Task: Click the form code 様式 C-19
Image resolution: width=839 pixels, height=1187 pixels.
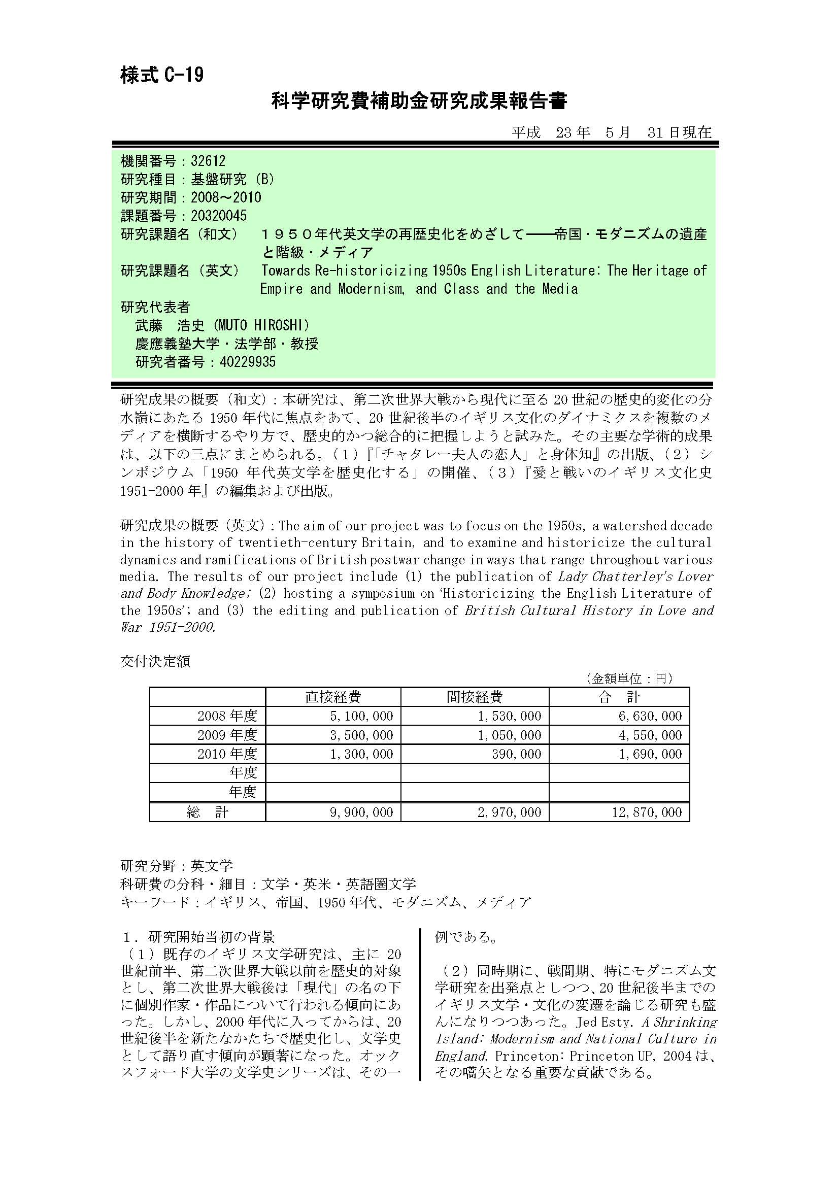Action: (x=162, y=76)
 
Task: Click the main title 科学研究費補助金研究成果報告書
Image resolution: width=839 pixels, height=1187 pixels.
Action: (x=419, y=101)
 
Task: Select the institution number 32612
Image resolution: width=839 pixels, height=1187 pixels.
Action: (x=208, y=161)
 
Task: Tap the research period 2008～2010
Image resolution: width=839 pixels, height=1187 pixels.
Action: (x=226, y=197)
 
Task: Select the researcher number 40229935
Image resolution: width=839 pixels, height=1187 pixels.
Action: (x=248, y=362)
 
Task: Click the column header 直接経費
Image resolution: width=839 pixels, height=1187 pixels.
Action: (x=333, y=697)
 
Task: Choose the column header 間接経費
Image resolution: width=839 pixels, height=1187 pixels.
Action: (x=474, y=697)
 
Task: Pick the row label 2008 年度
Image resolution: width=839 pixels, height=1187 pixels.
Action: (x=227, y=716)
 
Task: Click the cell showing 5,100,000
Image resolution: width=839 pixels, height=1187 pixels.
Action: (x=361, y=716)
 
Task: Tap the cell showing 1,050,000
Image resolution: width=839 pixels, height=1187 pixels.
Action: (x=509, y=735)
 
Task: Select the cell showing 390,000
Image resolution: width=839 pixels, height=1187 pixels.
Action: (x=517, y=754)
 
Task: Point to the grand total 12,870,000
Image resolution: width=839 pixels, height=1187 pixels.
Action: (x=647, y=812)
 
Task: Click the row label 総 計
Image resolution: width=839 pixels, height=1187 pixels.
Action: (x=207, y=812)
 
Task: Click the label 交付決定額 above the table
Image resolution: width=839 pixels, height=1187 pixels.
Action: (x=155, y=661)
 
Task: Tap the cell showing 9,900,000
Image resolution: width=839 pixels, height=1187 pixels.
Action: (x=361, y=812)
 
